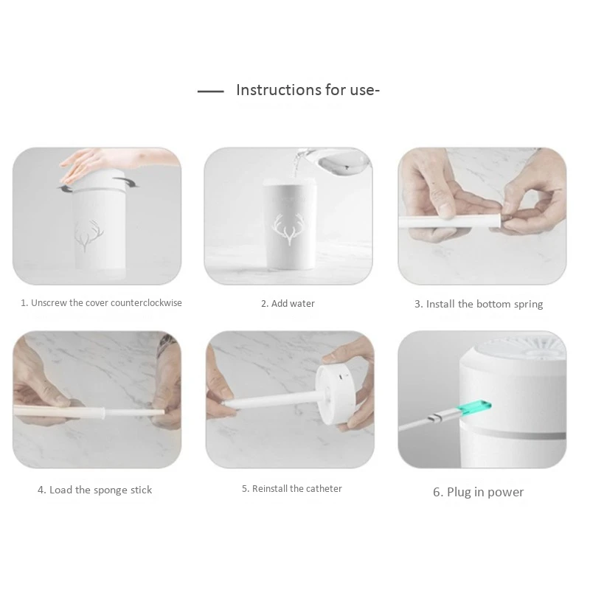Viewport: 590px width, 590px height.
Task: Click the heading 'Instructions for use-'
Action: point(308,91)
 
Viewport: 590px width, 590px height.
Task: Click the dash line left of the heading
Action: point(211,92)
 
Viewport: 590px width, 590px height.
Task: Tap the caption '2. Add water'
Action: point(288,303)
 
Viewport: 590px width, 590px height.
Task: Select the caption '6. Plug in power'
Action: point(478,492)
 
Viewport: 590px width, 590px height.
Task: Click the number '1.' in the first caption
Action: point(24,302)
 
